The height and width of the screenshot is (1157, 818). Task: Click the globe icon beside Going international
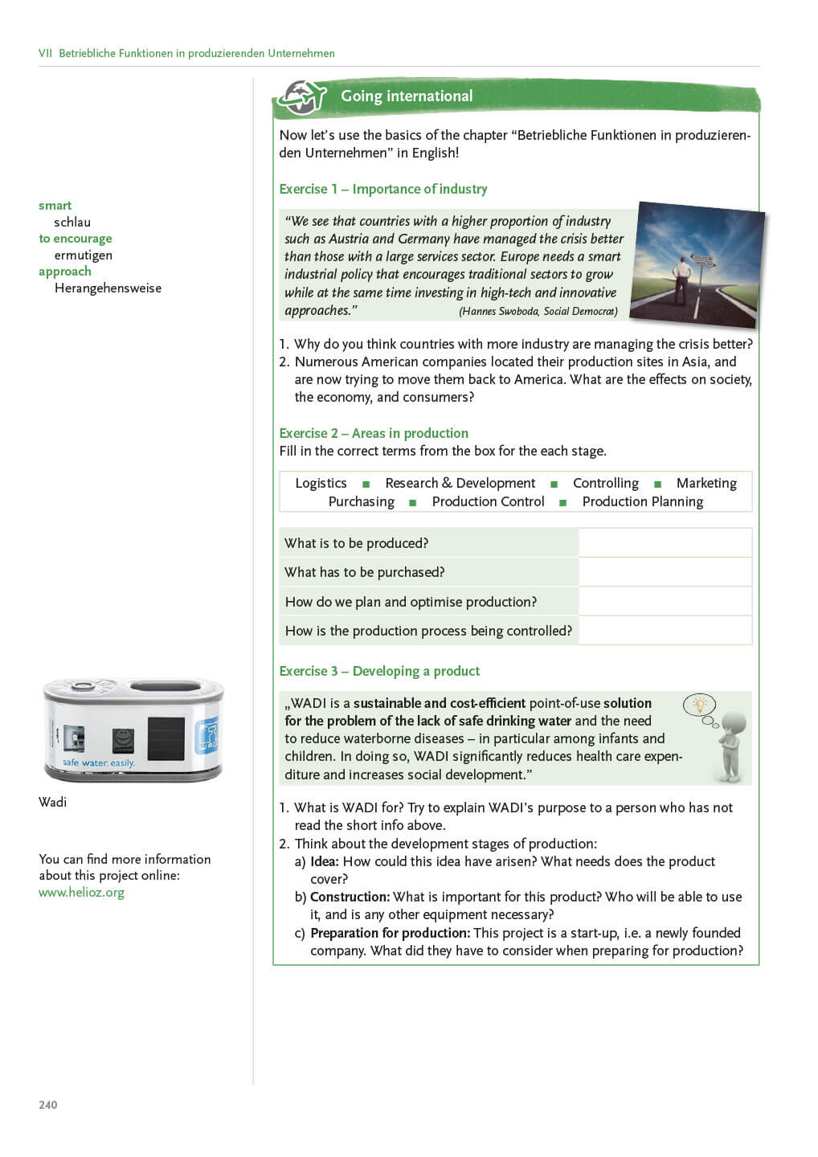point(302,98)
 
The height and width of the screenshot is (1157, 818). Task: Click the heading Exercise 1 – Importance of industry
point(382,189)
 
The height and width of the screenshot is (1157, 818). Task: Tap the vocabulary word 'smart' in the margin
point(55,206)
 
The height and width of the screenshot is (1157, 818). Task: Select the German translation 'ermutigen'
point(83,256)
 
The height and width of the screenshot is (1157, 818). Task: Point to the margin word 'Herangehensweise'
point(108,288)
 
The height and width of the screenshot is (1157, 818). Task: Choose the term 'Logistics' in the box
point(321,483)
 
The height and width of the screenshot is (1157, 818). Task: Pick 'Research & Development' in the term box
point(460,483)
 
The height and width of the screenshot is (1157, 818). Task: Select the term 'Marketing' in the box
point(706,483)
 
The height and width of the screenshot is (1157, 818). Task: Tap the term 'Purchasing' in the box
point(361,501)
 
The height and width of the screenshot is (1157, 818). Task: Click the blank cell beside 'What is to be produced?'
point(665,543)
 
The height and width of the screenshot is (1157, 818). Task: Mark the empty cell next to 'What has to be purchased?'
point(665,572)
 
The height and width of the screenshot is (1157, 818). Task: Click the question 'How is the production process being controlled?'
point(428,631)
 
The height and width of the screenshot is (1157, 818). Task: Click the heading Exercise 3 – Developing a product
point(379,671)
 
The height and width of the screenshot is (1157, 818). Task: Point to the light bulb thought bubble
point(699,705)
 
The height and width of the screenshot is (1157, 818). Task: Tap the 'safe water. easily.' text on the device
point(99,762)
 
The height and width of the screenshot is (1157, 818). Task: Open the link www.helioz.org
point(81,893)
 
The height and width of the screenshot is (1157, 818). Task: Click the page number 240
point(48,1105)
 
